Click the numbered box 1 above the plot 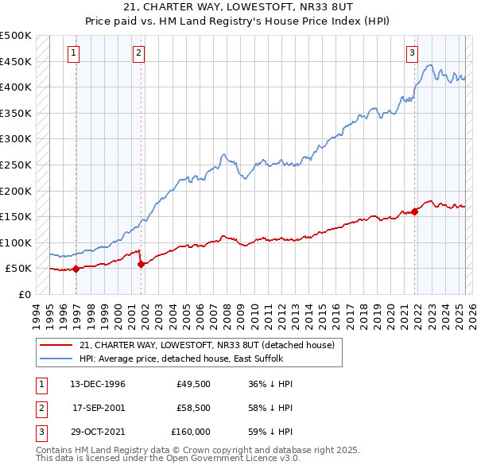tap(73, 53)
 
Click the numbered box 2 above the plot tap(138, 53)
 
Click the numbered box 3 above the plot tap(413, 53)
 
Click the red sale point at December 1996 tap(76, 269)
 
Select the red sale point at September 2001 tap(141, 264)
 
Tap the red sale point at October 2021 tap(415, 211)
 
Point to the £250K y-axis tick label tap(16, 165)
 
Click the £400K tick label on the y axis tap(16, 87)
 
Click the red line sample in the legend tap(56, 345)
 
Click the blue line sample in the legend tap(56, 358)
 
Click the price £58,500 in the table tap(188, 408)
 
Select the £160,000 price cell tap(191, 432)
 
